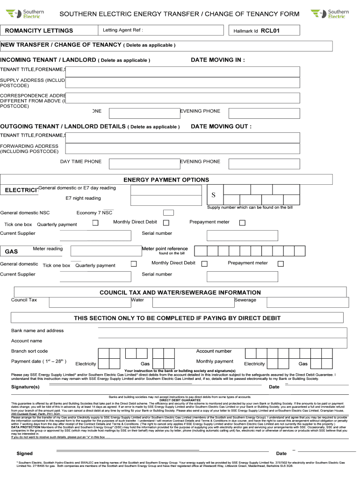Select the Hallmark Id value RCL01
(x=273, y=31)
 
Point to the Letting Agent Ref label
(x=122, y=30)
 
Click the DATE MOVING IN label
(x=218, y=60)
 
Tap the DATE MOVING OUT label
(x=221, y=126)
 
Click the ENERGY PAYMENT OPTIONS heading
(x=166, y=180)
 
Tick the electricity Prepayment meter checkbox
(x=242, y=223)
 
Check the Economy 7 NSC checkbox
(x=168, y=213)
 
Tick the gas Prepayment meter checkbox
(x=281, y=264)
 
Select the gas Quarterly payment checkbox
(x=134, y=264)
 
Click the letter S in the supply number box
(x=214, y=195)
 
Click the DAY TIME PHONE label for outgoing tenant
(x=80, y=161)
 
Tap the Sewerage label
(x=245, y=300)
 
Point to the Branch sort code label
(x=29, y=351)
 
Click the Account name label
(x=27, y=341)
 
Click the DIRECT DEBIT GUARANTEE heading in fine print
(x=180, y=400)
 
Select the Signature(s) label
(x=25, y=387)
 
